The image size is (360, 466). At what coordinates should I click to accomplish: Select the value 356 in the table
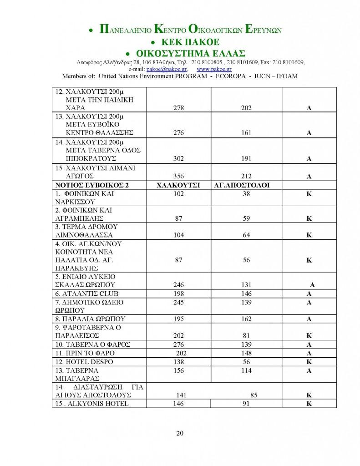click(x=178, y=177)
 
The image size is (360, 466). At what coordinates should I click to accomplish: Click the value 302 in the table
click(x=178, y=159)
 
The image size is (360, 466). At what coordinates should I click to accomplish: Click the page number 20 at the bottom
click(x=180, y=433)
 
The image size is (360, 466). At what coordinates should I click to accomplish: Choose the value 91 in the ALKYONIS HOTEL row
click(x=246, y=404)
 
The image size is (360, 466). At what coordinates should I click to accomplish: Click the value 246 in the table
click(x=178, y=284)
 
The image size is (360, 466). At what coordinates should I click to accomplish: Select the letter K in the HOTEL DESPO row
click(x=308, y=362)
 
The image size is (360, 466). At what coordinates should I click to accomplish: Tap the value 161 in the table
click(x=246, y=133)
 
